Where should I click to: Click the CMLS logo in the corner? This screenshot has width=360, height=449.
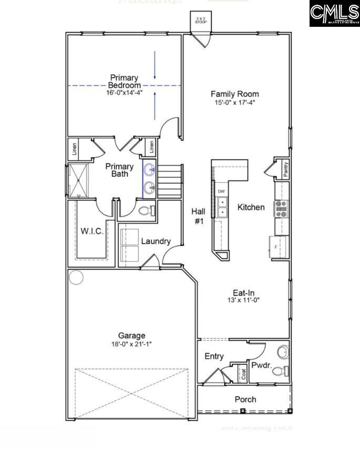pos(334,14)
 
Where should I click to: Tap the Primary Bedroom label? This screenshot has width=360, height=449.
pos(125,81)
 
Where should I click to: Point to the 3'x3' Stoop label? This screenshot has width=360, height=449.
pos(200,21)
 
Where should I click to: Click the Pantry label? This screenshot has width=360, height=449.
pos(285,169)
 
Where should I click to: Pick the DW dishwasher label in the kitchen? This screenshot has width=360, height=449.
pos(221,191)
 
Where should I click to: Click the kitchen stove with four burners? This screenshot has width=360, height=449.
pos(281,208)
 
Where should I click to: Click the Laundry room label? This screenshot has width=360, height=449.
pos(156,241)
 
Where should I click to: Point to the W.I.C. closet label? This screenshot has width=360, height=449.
pos(92,230)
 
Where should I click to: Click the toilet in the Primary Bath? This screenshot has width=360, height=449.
pos(146,211)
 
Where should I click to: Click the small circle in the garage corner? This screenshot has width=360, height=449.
pos(77,277)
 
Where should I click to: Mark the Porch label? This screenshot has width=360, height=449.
pos(245,400)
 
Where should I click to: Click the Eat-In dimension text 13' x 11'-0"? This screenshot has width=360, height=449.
pos(243,300)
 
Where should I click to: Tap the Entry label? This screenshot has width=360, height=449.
pos(214,356)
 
